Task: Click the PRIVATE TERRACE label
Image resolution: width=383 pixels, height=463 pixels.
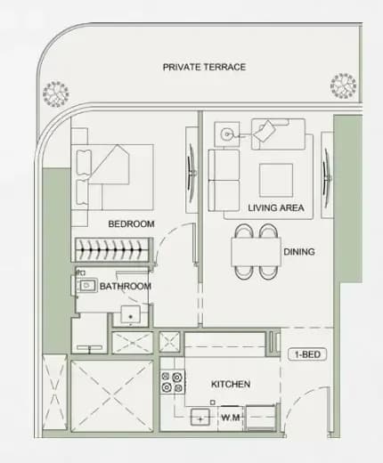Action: point(204,67)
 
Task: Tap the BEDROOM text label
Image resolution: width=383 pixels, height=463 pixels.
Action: point(131,223)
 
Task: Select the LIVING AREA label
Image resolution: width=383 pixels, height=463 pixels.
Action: point(276,207)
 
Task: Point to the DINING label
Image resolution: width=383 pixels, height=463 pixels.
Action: point(299,252)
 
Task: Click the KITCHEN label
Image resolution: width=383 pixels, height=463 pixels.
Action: point(231,384)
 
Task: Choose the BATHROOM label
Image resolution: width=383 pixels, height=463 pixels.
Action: point(126,286)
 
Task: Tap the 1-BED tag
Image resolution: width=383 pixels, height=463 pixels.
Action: point(307,354)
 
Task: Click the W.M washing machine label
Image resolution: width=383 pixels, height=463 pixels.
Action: point(231,418)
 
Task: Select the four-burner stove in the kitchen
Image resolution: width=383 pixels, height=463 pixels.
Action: point(172,382)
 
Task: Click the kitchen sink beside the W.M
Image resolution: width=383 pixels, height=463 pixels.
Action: point(200,417)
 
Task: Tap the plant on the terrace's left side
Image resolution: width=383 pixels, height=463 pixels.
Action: point(56,93)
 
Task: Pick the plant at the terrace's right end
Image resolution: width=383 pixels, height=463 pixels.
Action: point(344,85)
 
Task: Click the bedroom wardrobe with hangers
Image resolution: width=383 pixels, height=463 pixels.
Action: point(111,249)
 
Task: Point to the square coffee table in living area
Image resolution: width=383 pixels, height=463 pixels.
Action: point(276,180)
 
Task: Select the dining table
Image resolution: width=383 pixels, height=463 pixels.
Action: point(256,252)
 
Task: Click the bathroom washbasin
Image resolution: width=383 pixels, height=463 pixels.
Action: point(86,286)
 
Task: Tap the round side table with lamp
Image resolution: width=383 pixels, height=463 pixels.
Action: point(227,134)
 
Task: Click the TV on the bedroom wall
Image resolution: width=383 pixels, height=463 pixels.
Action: point(191,170)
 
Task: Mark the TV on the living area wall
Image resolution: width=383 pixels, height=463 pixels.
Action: point(327,175)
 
